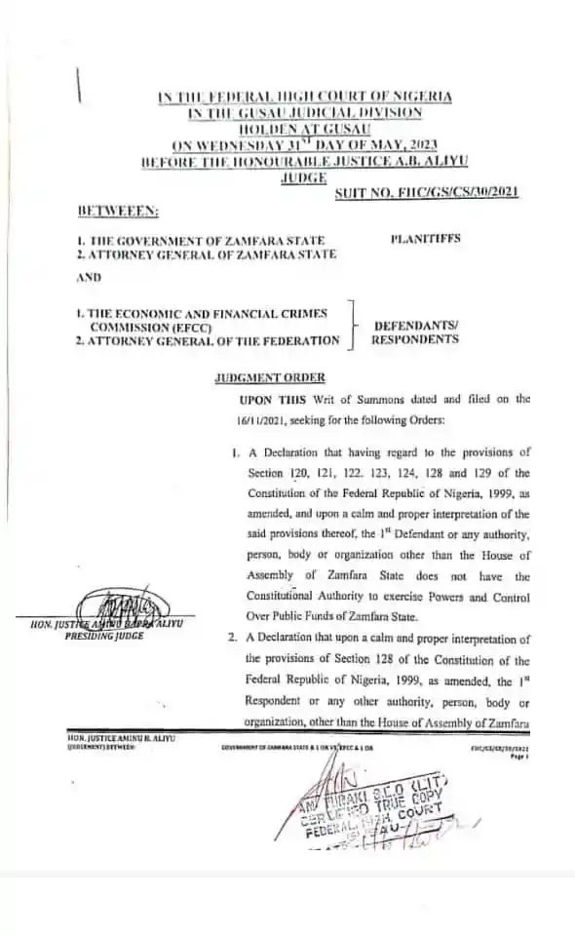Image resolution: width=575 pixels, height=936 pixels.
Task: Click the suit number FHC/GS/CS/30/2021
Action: pyautogui.click(x=427, y=194)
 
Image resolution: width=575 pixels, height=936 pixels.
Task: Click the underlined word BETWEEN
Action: pyautogui.click(x=106, y=210)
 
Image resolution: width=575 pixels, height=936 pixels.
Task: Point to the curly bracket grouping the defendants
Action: pyautogui.click(x=355, y=324)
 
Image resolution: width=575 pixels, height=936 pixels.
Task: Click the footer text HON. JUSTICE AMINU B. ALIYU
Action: pyautogui.click(x=105, y=741)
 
